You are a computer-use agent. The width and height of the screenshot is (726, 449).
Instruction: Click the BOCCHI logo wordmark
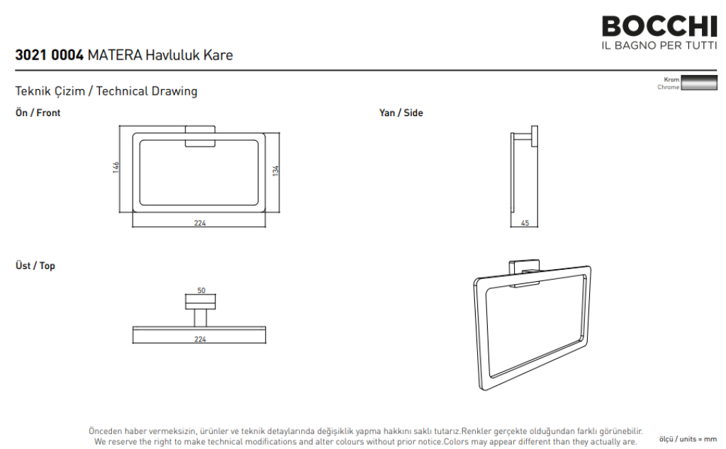tap(659, 26)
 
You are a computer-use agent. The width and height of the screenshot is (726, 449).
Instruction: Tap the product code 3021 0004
tap(49, 55)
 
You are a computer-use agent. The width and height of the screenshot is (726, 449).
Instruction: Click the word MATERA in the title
tap(115, 55)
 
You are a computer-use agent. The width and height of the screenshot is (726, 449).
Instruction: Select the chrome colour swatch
tap(698, 83)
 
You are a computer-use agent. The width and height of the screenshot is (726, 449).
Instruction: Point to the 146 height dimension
tap(116, 167)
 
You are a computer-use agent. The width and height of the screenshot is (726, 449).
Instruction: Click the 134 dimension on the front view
tap(276, 171)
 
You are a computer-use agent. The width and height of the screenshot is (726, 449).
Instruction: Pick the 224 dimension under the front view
tap(199, 223)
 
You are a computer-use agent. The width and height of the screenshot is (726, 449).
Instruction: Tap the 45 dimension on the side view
tap(525, 223)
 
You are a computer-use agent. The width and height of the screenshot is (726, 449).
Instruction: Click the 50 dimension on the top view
tap(201, 290)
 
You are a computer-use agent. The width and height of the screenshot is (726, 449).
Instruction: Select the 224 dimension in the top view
tap(199, 339)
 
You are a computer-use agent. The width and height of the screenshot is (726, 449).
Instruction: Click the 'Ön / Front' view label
tap(38, 113)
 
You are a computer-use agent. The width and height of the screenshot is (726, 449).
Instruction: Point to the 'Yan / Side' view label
tap(401, 113)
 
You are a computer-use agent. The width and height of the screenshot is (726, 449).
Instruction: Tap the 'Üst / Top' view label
tap(35, 266)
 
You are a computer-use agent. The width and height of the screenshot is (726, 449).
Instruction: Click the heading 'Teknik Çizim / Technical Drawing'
tap(106, 91)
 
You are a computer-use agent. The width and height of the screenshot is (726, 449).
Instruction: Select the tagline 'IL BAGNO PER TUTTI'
tap(659, 45)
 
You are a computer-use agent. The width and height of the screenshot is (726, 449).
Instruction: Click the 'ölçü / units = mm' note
tap(688, 439)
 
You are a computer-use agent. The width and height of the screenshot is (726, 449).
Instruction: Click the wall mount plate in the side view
tap(535, 137)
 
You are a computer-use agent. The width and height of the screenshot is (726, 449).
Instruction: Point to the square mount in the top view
tap(200, 302)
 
